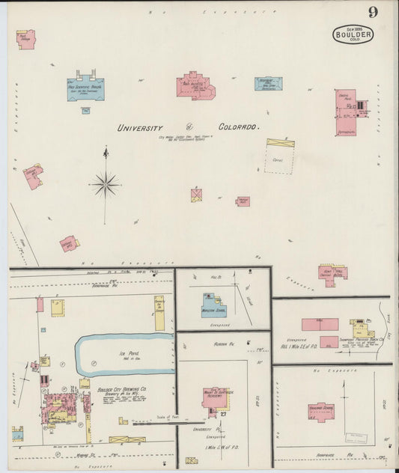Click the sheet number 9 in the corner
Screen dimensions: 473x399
coord(372,12)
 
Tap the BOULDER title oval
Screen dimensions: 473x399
coord(353,34)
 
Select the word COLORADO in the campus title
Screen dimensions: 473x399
coord(239,128)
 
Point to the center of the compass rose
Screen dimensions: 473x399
coord(106,183)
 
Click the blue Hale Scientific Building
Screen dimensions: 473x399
coord(87,88)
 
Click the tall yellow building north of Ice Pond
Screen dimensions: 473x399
coord(159,312)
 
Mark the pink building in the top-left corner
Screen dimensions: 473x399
coord(26,39)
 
